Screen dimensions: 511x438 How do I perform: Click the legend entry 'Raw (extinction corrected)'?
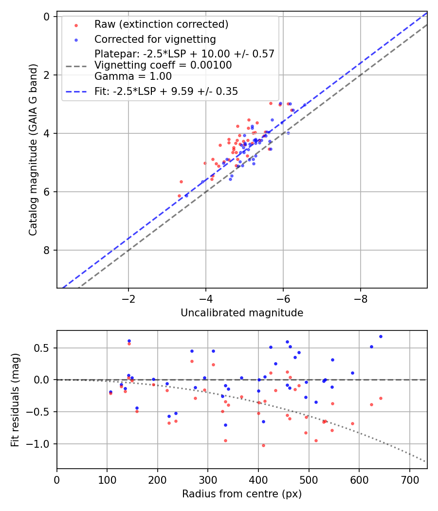pos(161,24)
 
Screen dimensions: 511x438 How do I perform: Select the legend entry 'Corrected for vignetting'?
pos(155,39)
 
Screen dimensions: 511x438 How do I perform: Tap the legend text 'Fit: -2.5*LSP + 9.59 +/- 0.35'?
pos(166,91)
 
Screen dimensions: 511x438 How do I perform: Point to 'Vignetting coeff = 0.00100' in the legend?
pos(163,65)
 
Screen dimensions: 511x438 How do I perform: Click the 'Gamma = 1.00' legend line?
pos(133,76)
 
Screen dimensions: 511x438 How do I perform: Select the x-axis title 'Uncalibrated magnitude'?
pos(242,313)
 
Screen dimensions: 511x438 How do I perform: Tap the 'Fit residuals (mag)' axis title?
pos(15,400)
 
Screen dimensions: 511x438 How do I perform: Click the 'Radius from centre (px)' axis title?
pos(242,494)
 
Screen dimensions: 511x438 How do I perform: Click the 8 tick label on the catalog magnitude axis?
pos(47,250)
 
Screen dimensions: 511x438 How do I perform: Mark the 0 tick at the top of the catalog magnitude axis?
pos(47,17)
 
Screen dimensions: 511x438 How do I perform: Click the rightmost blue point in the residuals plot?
pos(381,336)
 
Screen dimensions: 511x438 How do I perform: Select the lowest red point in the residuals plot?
pos(263,445)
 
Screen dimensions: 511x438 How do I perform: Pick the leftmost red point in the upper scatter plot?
pos(179,196)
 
